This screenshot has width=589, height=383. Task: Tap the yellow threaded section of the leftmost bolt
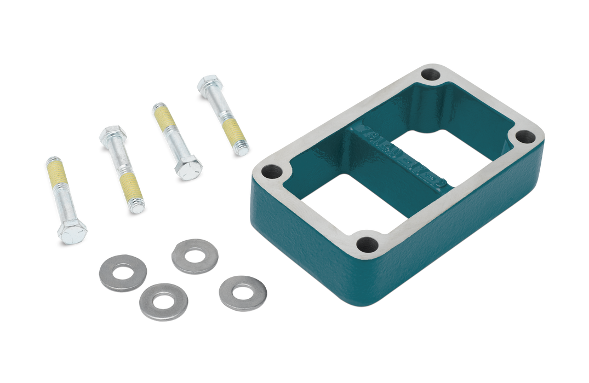click(57, 172)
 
